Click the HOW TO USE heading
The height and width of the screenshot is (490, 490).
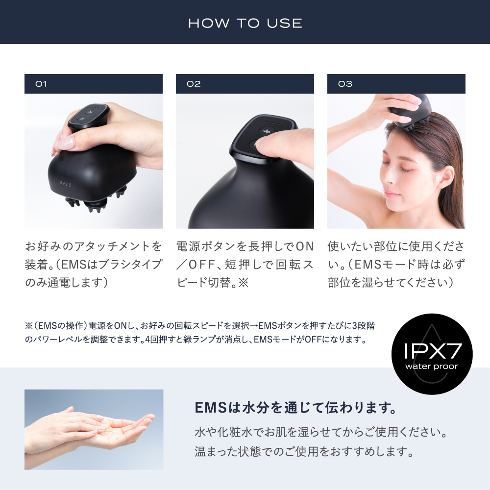click(x=245, y=23)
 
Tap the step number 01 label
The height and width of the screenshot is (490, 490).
click(x=41, y=84)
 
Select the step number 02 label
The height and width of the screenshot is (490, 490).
click(x=194, y=84)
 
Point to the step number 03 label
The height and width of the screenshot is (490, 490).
click(x=345, y=84)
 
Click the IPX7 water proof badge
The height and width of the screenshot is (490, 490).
click(x=432, y=354)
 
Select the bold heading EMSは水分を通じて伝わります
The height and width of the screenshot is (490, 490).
click(x=295, y=408)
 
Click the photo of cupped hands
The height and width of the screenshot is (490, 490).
click(x=94, y=429)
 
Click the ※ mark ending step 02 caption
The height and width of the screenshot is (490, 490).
click(x=244, y=283)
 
